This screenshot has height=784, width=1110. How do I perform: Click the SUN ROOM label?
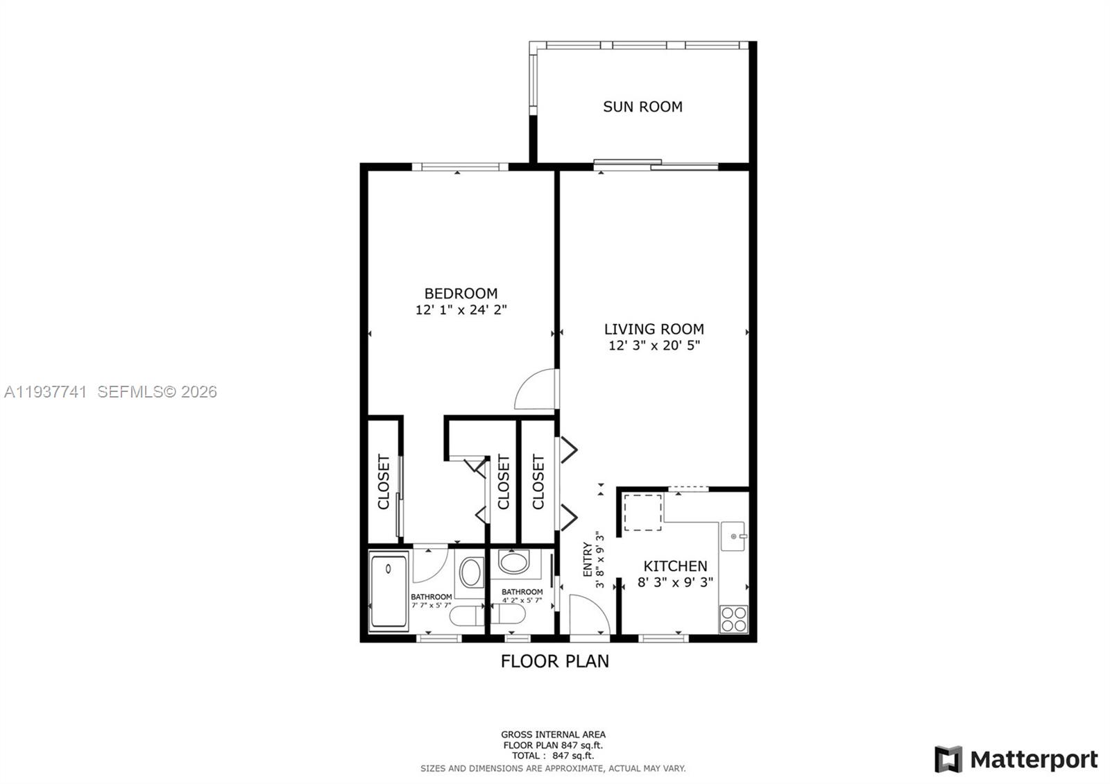coord(642,107)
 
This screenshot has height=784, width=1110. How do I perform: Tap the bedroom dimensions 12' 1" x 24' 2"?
coord(461,310)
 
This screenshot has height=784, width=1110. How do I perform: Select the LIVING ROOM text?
coord(654,330)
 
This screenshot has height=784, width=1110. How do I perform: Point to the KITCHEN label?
coord(675,566)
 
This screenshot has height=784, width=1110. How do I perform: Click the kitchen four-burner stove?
coord(733,619)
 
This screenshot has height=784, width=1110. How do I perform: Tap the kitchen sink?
coord(733,536)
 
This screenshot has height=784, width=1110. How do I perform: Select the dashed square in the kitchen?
coord(643,512)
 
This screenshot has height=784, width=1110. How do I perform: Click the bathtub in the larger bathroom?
coord(388,591)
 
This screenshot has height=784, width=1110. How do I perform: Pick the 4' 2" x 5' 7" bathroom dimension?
coord(522,601)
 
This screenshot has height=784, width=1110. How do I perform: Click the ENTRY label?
coord(588,560)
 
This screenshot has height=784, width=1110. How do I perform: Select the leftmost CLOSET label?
coord(384,482)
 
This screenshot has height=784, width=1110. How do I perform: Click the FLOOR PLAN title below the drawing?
coord(554,661)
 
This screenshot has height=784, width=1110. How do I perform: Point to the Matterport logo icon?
coord(948,760)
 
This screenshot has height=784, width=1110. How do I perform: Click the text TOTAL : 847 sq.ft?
coord(553,756)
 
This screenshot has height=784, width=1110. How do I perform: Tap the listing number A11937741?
coord(46,392)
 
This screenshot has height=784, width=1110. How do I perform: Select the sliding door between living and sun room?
coord(656,164)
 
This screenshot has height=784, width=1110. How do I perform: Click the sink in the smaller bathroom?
coord(513,561)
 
